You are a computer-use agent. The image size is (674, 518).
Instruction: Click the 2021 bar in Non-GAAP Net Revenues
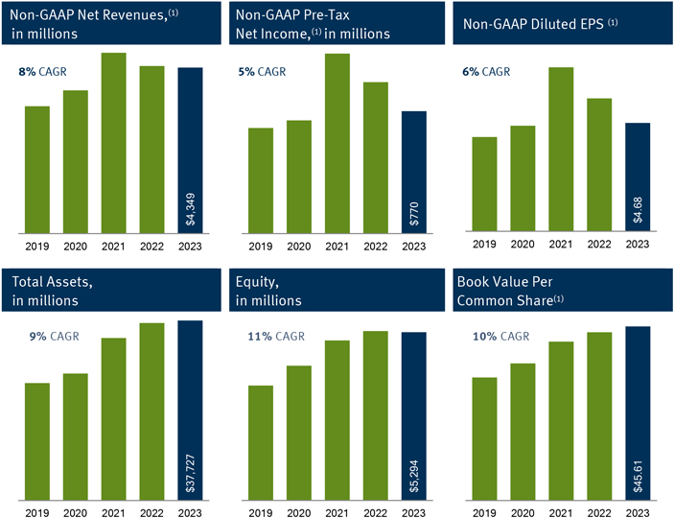point(114,143)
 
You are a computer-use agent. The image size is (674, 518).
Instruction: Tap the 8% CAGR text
point(44,72)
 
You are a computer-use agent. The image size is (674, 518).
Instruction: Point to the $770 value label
point(414,214)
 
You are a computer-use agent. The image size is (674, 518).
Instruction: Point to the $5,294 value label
point(414,474)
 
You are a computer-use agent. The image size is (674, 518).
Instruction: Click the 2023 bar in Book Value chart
point(638,412)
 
